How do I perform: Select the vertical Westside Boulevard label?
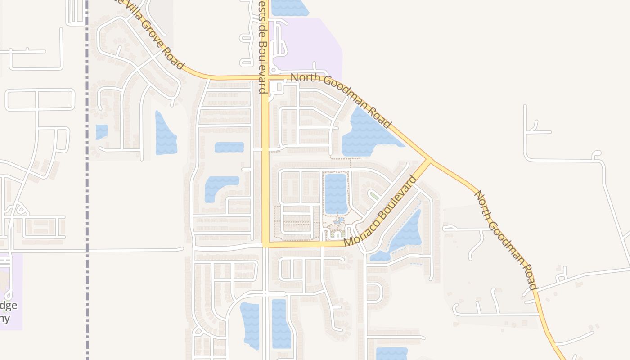pyautogui.click(x=262, y=47)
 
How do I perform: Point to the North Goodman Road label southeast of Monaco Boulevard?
pyautogui.click(x=506, y=240)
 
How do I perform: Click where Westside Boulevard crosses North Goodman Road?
pyautogui.click(x=265, y=77)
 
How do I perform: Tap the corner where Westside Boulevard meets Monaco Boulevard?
pyautogui.click(x=265, y=244)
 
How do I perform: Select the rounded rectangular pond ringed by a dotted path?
pyautogui.click(x=336, y=193)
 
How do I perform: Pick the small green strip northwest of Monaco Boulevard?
pyautogui.click(x=373, y=195)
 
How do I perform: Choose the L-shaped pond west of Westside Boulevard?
pyautogui.click(x=218, y=187)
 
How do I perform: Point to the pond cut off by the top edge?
pyautogui.click(x=289, y=7)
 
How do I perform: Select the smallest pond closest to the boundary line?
pyautogui.click(x=102, y=132)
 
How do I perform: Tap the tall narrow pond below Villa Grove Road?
pyautogui.click(x=165, y=134)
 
